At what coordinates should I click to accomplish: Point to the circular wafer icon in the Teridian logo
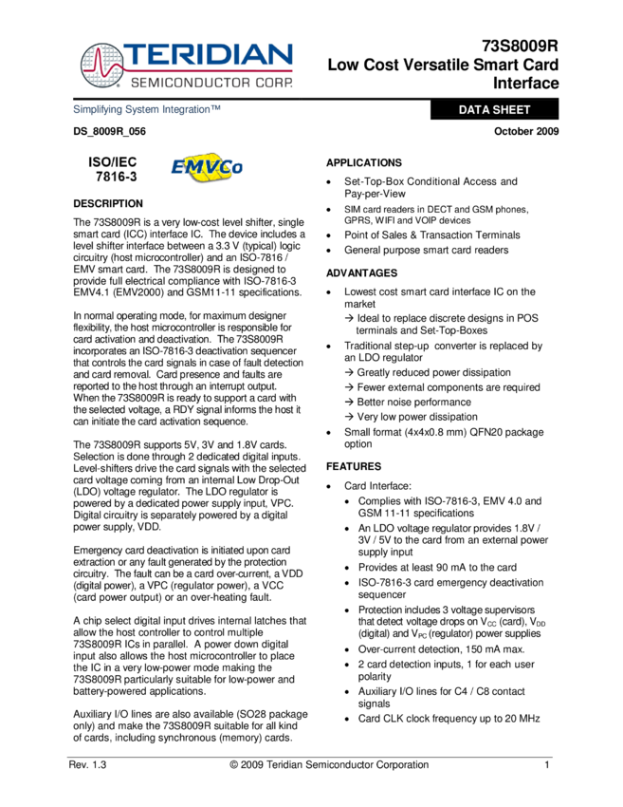pos(101,65)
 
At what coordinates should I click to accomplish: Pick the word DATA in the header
pos(474,110)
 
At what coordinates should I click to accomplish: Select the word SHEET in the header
pos(512,110)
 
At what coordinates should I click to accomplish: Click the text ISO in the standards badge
pos(100,162)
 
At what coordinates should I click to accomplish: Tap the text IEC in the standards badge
pos(126,162)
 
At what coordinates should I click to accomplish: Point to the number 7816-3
pos(116,177)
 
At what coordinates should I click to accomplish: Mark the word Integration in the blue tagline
pos(186,110)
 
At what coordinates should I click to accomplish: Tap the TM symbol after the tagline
pos(216,108)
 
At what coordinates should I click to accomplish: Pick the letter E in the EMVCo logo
pos(177,169)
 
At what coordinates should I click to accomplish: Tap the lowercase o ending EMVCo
pos(237,171)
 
